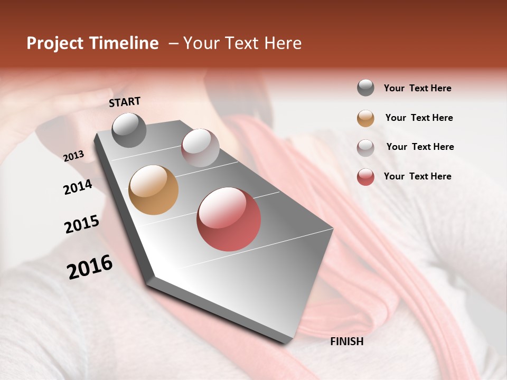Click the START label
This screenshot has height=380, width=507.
pyautogui.click(x=125, y=102)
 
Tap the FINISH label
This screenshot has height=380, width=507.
pyautogui.click(x=346, y=341)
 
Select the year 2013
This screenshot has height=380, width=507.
pyautogui.click(x=73, y=156)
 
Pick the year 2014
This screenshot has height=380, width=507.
pyautogui.click(x=78, y=187)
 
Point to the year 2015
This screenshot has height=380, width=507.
pyautogui.click(x=81, y=224)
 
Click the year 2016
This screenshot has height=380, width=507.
pyautogui.click(x=89, y=267)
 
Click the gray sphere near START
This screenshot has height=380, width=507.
pyautogui.click(x=129, y=130)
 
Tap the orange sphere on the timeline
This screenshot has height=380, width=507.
pyautogui.click(x=153, y=190)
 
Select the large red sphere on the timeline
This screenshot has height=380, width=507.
pyautogui.click(x=229, y=219)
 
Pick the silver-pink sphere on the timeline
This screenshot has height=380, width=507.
pyautogui.click(x=200, y=148)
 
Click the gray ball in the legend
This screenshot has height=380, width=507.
pyautogui.click(x=365, y=88)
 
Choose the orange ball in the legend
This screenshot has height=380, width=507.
pyautogui.click(x=365, y=118)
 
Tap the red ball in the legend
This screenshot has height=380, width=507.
pyautogui.click(x=365, y=176)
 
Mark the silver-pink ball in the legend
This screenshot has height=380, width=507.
pyautogui.click(x=365, y=147)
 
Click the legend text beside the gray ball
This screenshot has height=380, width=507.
pyautogui.click(x=417, y=88)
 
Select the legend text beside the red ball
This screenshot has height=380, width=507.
pyautogui.click(x=417, y=176)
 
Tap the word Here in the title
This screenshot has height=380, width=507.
pyautogui.click(x=283, y=43)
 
